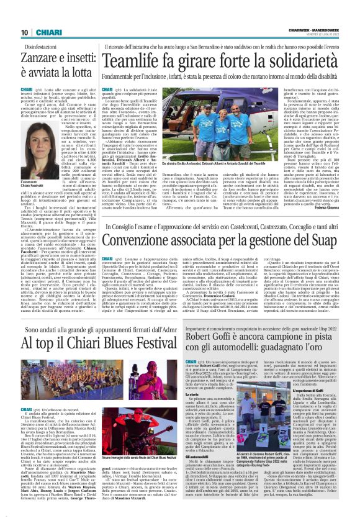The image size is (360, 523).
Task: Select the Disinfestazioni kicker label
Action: (44, 47)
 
